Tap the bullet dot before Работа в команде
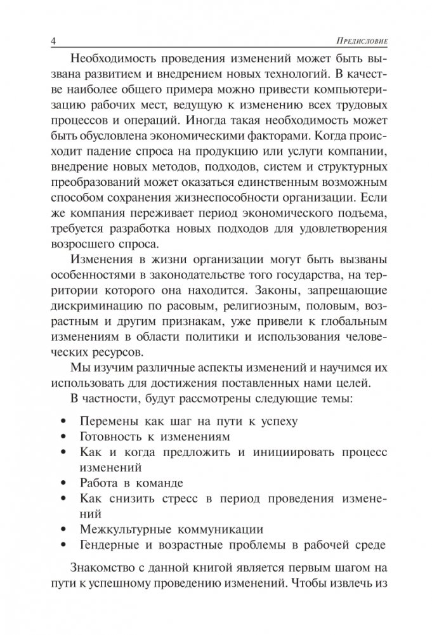[x=62, y=483]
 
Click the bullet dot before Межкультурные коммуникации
[x=62, y=529]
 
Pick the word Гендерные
[x=110, y=544]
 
